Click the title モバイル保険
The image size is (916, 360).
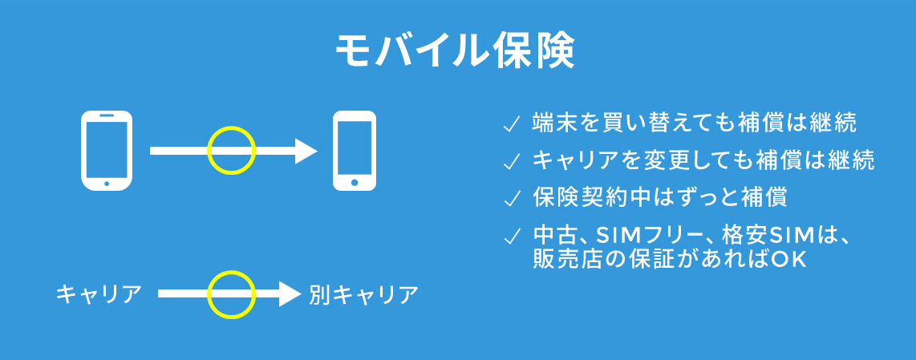[x=455, y=52]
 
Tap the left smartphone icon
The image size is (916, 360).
[x=107, y=151]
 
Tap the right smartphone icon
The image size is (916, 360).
[x=354, y=151]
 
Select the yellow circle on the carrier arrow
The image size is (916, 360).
[x=232, y=272]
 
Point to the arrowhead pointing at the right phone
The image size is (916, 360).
[x=305, y=151]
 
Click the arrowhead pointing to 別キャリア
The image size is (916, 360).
[x=290, y=294]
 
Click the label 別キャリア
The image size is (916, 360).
[x=364, y=294]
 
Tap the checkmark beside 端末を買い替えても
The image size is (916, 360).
[x=511, y=125]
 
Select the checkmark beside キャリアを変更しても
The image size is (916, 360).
[x=511, y=162]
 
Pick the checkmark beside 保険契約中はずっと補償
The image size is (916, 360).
[x=511, y=200]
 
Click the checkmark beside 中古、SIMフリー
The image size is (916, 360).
[x=511, y=236]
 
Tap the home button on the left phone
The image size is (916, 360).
[x=107, y=184]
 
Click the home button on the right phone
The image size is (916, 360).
[x=355, y=183]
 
